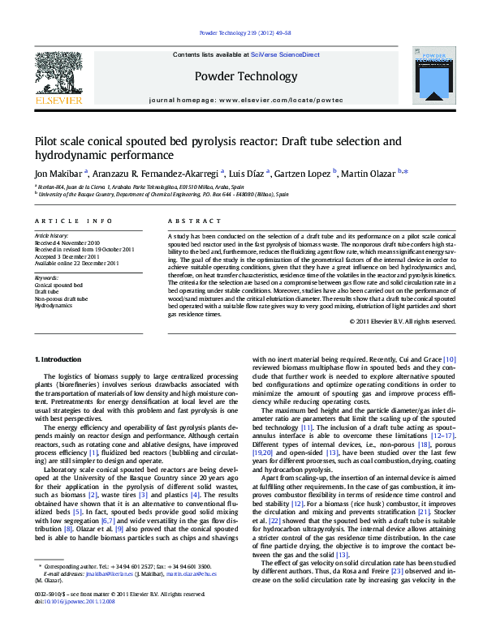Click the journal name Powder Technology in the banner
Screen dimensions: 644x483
point(246,77)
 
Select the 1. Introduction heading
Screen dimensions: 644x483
point(61,358)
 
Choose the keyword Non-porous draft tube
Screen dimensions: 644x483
point(61,298)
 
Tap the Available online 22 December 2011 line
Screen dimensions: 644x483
point(77,263)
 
